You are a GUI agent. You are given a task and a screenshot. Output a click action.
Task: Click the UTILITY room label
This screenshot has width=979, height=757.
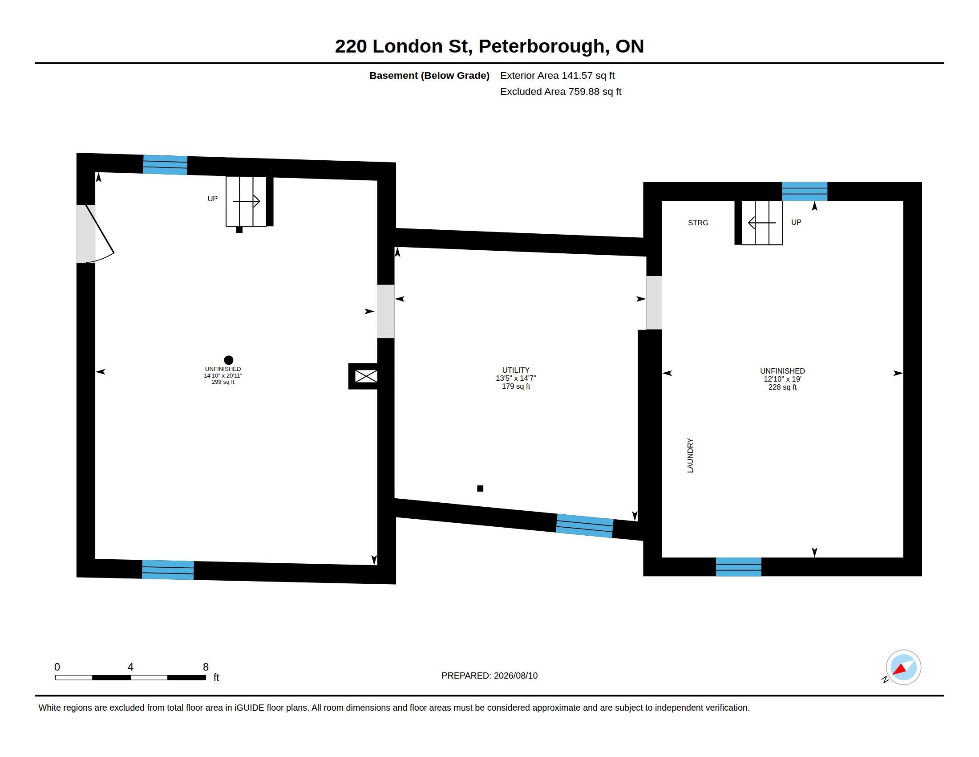[515, 370]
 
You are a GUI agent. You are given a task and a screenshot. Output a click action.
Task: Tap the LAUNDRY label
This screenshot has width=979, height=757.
[690, 455]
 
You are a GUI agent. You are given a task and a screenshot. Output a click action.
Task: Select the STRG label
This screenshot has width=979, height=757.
[698, 223]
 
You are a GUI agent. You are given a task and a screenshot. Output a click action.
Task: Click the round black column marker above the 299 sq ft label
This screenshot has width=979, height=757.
[229, 360]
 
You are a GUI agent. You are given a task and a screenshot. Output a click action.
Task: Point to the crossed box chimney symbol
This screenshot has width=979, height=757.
[366, 376]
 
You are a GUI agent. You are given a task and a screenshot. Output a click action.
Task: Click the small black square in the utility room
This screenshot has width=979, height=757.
[480, 488]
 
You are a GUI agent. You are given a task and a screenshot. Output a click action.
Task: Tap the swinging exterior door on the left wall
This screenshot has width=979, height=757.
[100, 234]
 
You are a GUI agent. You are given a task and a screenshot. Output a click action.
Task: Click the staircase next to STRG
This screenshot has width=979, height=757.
[762, 223]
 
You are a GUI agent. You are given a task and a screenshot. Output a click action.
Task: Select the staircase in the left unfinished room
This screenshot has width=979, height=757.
[246, 201]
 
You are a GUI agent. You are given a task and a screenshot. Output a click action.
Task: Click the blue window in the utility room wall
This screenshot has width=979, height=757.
[585, 525]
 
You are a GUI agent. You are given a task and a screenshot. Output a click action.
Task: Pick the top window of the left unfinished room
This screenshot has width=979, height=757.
[165, 165]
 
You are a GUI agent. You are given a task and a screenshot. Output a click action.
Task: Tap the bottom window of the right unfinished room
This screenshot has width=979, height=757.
[738, 567]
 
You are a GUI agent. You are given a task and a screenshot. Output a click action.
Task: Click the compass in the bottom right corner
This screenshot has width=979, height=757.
[903, 667]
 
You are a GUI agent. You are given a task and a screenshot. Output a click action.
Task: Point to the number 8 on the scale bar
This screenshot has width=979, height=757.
[206, 667]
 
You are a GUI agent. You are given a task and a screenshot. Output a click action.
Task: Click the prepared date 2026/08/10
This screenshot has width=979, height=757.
[515, 676]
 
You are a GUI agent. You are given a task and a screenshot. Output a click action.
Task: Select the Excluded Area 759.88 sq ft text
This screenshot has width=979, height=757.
[561, 91]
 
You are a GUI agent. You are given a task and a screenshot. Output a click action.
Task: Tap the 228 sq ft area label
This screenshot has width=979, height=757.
[782, 387]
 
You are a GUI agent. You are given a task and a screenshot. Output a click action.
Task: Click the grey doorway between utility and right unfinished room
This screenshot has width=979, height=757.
[654, 303]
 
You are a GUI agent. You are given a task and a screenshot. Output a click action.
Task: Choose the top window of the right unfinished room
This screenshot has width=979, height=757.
[805, 191]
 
